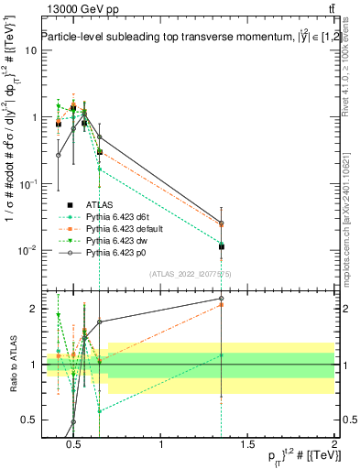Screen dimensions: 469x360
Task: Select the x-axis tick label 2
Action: point(334,446)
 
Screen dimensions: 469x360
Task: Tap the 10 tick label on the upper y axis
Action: point(29,50)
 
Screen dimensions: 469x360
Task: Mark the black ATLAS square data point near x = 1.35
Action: point(222,246)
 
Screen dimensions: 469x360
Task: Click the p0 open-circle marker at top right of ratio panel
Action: point(222,299)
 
